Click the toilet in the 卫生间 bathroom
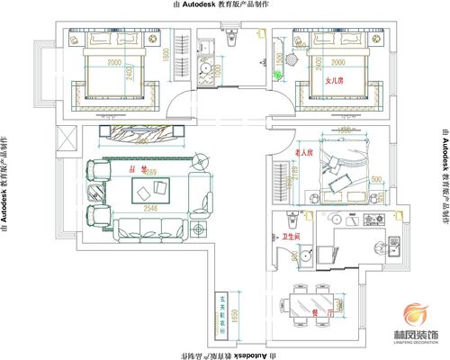click(x=291, y=221)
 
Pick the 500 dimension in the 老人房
click(x=375, y=178)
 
